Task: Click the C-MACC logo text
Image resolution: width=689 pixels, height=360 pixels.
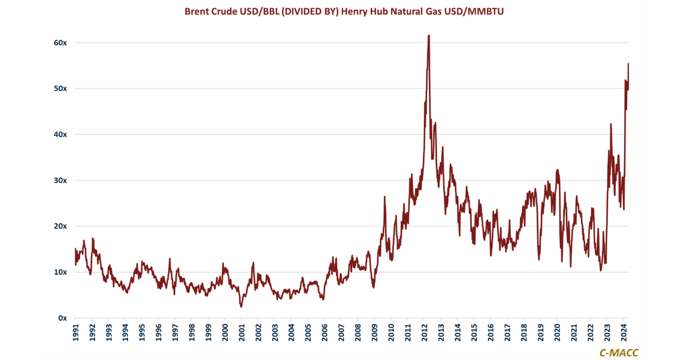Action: [618, 353]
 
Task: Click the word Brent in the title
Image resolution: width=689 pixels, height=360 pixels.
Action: [196, 11]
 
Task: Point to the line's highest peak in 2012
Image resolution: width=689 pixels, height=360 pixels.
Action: [429, 36]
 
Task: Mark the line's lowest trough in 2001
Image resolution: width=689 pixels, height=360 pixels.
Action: [241, 307]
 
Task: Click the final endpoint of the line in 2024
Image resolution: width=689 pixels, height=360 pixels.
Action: [628, 64]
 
